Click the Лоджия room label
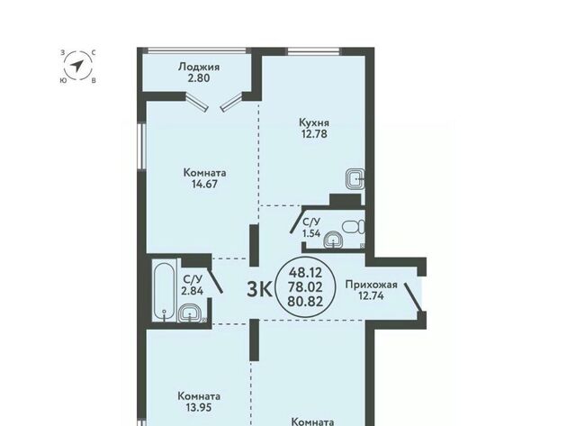point(199,68)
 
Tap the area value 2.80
point(199,78)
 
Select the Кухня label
point(314,122)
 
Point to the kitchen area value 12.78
point(314,134)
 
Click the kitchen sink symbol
point(355,179)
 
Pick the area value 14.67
point(204,184)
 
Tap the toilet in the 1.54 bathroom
point(354,226)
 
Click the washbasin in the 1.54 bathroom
point(333,240)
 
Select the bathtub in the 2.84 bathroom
point(164,290)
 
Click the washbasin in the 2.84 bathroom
point(190,313)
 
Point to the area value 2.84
point(192,291)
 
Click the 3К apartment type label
point(259,289)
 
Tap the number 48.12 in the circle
point(306,273)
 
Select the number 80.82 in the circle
point(306,302)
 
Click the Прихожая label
point(372,285)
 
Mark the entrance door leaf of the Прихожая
point(413,296)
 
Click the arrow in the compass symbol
point(76,66)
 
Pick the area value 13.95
point(199,407)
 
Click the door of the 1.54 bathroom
point(296,221)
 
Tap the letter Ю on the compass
point(63,80)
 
